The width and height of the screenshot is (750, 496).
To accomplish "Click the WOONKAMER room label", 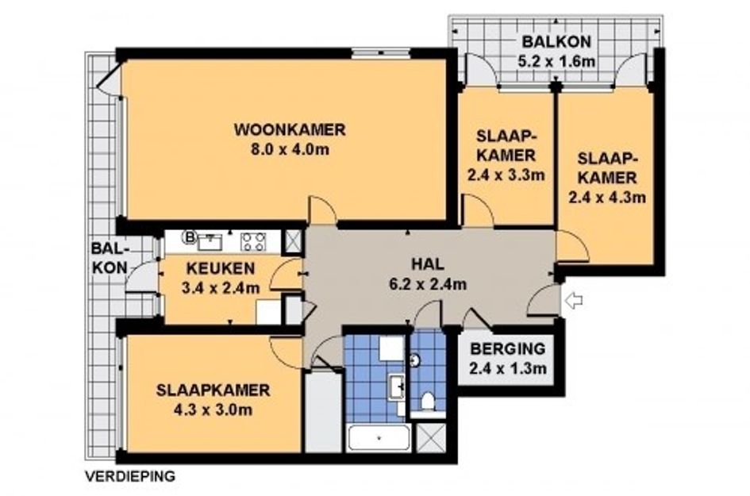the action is coord(290,129).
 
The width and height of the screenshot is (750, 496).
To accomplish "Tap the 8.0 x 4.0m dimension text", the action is coord(290,150).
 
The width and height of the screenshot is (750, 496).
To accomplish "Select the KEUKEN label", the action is coord(221,268).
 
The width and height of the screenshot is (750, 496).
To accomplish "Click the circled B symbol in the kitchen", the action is coord(190,236).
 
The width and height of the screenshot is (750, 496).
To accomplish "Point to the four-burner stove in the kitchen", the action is coord(253,241).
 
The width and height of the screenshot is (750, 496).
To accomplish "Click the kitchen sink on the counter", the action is coord(210,241).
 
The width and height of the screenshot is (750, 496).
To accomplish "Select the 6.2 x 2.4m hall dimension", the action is coord(428,285).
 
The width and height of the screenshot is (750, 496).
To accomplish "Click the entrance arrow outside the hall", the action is coord(573,301).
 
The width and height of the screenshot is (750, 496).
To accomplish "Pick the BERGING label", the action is coord(507,348).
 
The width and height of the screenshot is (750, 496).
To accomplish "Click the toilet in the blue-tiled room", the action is coord(427,402).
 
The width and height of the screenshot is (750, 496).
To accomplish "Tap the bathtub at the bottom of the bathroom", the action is coord(379,437).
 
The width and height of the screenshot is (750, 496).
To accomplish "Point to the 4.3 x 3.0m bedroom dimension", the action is coord(213,410).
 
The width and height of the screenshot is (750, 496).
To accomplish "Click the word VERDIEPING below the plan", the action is coord(130,476).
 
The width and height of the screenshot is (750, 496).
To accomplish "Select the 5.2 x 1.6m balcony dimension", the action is coord(556,62).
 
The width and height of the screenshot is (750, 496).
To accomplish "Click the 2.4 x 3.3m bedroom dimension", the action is coord(506,175).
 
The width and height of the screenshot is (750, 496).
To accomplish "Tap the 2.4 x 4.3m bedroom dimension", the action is coord(607,197).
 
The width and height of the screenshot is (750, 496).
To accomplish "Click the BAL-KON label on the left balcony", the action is coord(110,258).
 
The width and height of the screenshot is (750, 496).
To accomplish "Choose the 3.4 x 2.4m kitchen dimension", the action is coord(221,288).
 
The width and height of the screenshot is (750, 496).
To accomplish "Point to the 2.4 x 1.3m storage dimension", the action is coord(507,369).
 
